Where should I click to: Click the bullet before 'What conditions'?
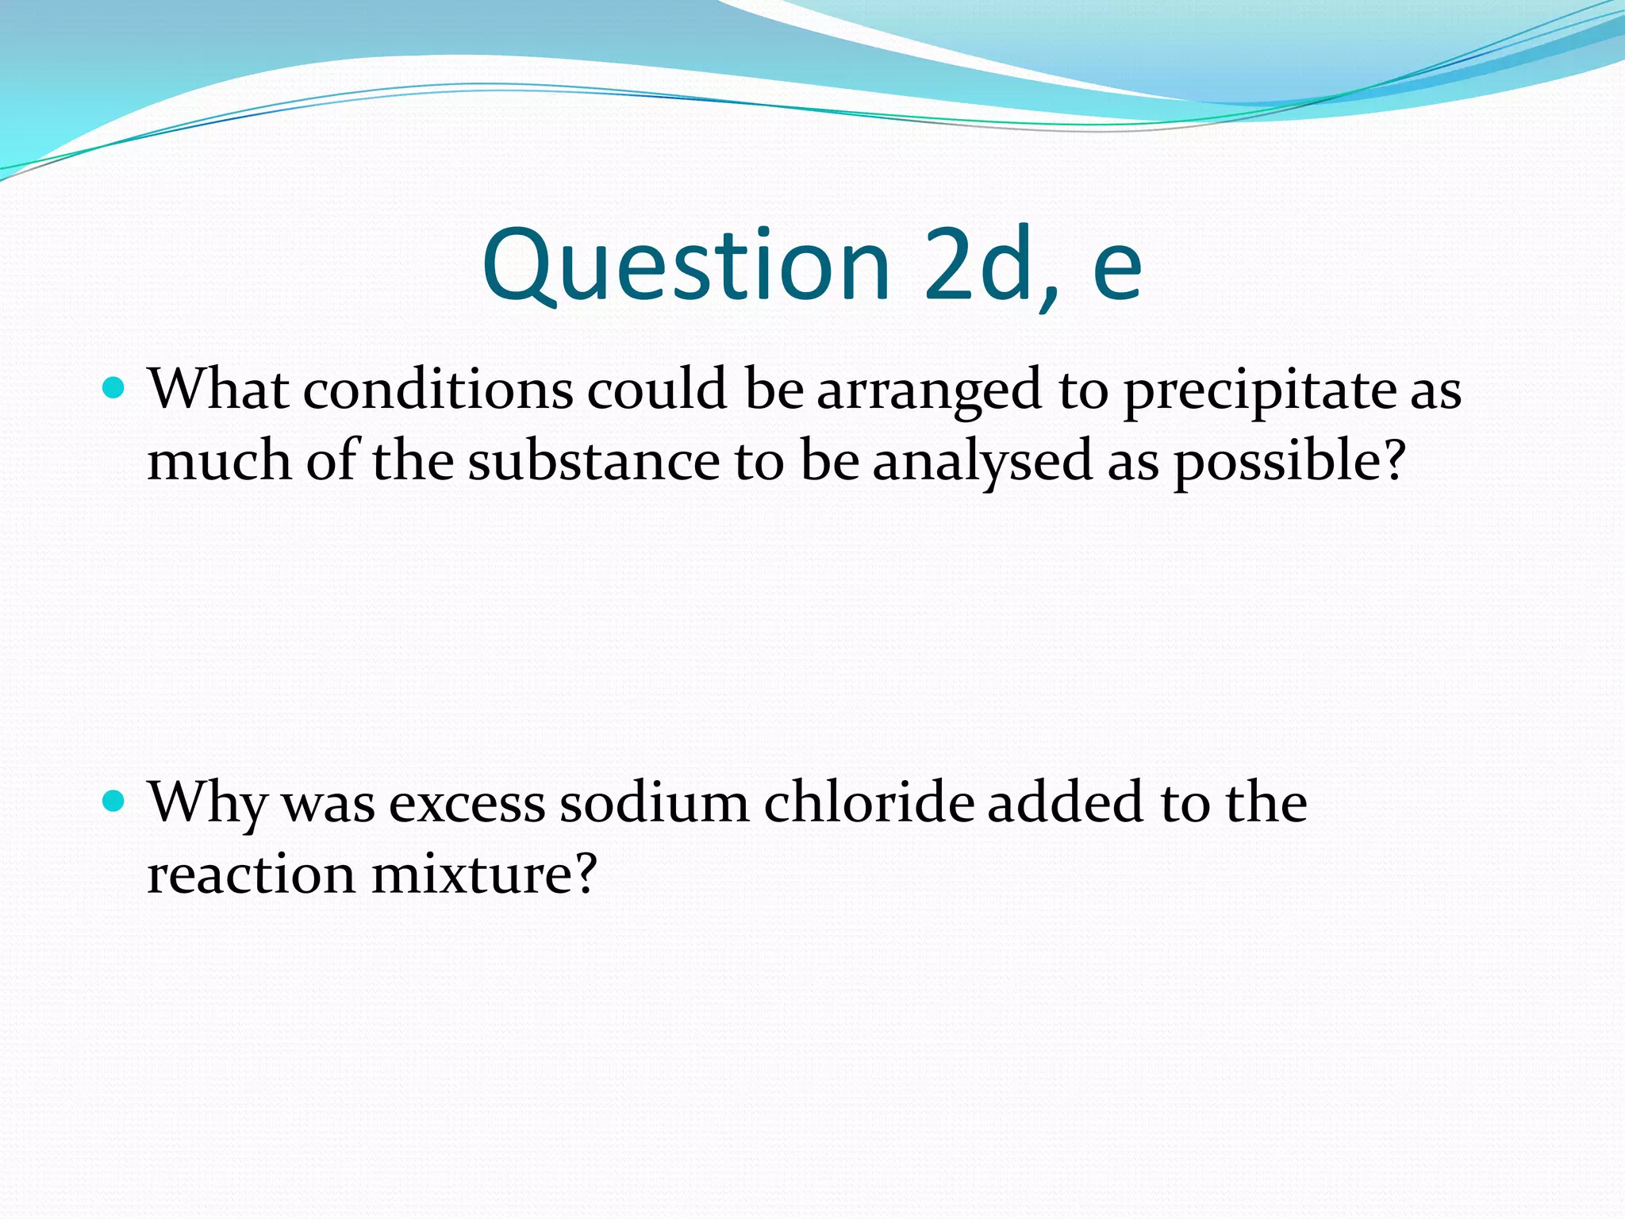pos(115,388)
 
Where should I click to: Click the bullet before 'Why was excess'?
pos(115,801)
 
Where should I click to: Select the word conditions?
pos(438,390)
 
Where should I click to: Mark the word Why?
pos(208,803)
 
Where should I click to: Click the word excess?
pos(467,803)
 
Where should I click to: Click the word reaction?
pos(252,875)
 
